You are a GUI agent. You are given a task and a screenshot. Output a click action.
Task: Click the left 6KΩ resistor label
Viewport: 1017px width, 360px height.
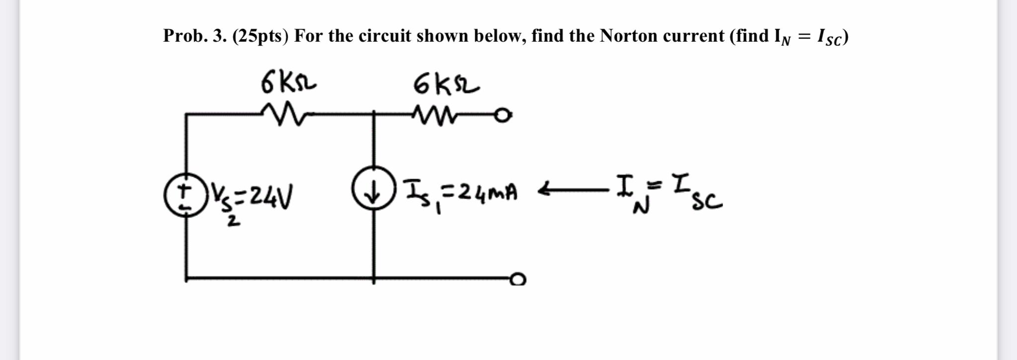(x=288, y=82)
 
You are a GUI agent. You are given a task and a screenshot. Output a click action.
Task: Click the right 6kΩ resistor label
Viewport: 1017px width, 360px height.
(x=446, y=83)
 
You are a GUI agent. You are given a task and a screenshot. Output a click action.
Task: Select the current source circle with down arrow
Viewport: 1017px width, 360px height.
(x=373, y=188)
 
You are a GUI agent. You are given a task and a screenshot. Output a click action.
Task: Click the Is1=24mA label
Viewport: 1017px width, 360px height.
(x=460, y=193)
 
